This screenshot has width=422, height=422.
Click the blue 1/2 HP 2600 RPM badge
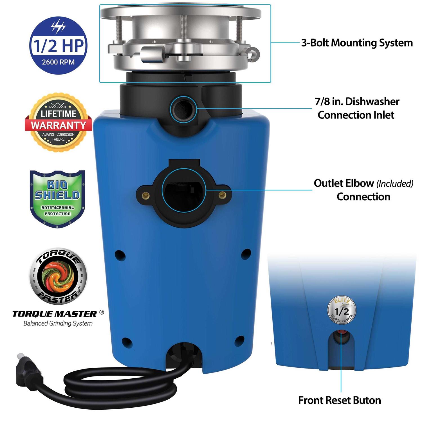(x=58, y=46)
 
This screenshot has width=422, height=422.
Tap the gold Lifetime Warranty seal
(x=59, y=123)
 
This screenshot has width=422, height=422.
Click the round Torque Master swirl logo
(x=58, y=276)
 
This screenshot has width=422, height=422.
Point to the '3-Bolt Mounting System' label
(x=357, y=43)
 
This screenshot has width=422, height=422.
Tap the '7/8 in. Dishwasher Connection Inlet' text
(x=357, y=108)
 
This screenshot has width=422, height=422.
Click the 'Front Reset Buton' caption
(x=340, y=400)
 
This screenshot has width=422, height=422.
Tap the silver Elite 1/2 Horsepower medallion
(x=342, y=311)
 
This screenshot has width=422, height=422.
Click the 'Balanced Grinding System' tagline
(x=58, y=324)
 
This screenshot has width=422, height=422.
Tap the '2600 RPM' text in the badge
(x=58, y=62)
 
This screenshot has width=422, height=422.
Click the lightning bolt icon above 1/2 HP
(x=59, y=27)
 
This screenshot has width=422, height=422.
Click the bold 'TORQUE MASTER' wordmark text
(x=55, y=314)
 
